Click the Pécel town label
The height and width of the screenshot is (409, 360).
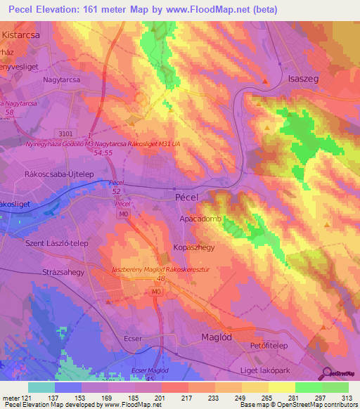pyautogui.click(x=186, y=198)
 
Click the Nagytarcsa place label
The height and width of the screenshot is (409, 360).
pyautogui.click(x=64, y=80)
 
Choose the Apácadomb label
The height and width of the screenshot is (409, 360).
pyautogui.click(x=200, y=219)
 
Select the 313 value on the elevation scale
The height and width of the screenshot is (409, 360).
pyautogui.click(x=347, y=398)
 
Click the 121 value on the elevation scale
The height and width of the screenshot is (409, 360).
pyautogui.click(x=28, y=398)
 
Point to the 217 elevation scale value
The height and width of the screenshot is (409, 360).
pyautogui.click(x=188, y=398)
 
